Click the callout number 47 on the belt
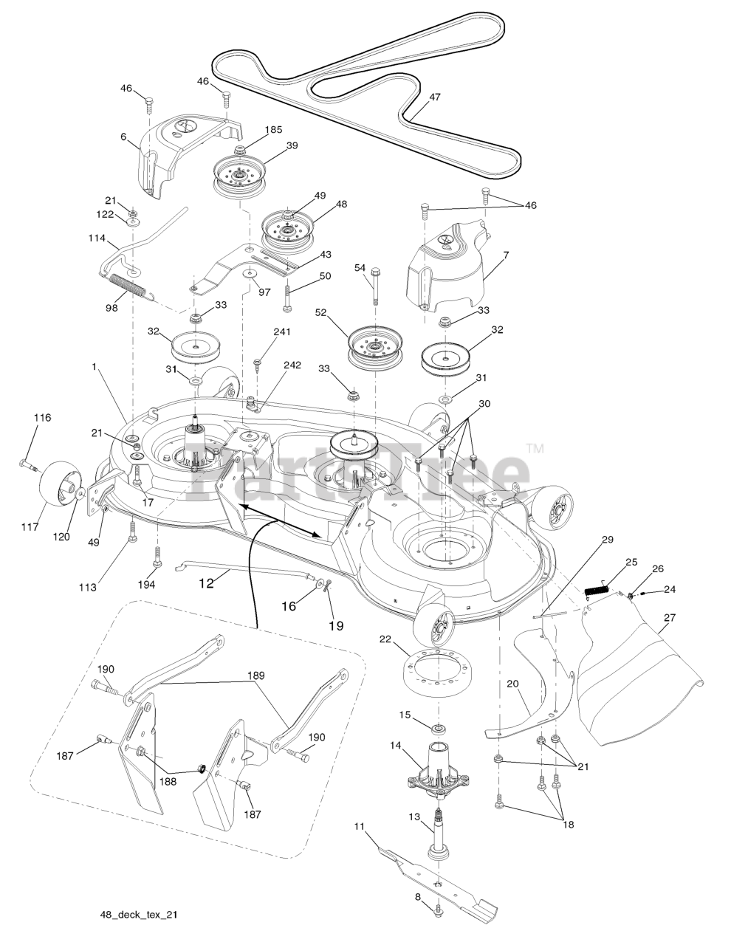pyautogui.click(x=434, y=97)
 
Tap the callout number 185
pyautogui.click(x=273, y=129)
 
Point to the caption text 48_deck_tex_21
pyautogui.click(x=139, y=914)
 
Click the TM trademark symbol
pyautogui.click(x=535, y=448)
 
